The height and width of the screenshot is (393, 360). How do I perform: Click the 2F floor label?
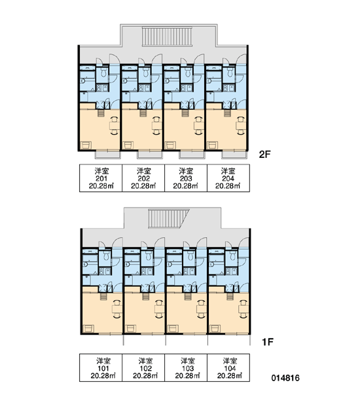click(265, 154)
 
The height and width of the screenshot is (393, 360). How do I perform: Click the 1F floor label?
click(267, 342)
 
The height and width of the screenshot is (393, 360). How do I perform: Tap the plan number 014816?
click(285, 377)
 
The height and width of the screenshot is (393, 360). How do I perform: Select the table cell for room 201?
click(101, 178)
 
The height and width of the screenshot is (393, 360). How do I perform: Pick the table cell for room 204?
click(228, 178)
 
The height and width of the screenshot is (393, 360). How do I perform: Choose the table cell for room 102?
click(143, 367)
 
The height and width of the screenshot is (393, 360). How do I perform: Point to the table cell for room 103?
click(186, 367)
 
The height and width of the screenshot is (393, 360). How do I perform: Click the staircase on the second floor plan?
click(168, 37)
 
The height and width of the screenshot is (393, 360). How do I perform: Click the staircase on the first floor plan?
click(168, 219)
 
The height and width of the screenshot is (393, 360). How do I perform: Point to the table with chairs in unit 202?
click(157, 126)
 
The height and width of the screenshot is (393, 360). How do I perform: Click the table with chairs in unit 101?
click(117, 309)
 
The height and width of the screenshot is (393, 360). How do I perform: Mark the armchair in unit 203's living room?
click(170, 145)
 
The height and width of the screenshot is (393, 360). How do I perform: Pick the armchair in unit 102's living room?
click(130, 328)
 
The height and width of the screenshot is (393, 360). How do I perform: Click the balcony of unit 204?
click(234, 155)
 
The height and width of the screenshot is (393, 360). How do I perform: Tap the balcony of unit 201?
click(108, 155)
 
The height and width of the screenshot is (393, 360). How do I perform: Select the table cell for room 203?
click(186, 178)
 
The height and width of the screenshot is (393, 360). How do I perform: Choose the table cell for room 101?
click(101, 367)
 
